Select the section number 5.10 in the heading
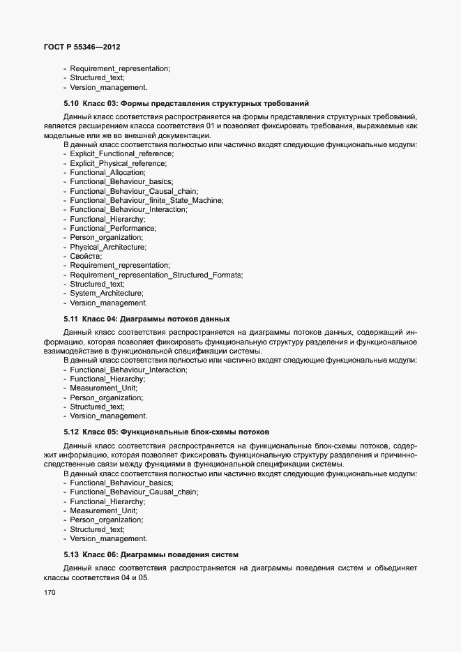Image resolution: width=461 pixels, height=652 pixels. pyautogui.click(x=71, y=103)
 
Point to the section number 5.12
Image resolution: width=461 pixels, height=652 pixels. pyautogui.click(x=71, y=432)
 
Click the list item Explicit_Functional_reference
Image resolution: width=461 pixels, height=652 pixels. pyautogui.click(x=121, y=153)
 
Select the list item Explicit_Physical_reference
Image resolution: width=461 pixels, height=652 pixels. pyautogui.click(x=118, y=163)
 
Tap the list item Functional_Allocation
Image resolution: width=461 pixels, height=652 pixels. pyautogui.click(x=107, y=172)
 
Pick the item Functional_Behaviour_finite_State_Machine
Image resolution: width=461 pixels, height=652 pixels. pyautogui.click(x=146, y=200)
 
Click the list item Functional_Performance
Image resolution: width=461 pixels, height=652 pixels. pyautogui.click(x=113, y=228)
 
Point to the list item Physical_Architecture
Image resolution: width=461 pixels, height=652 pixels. pyautogui.click(x=107, y=247)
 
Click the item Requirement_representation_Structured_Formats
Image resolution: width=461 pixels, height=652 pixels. pyautogui.click(x=156, y=275)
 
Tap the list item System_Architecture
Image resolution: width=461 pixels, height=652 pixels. pyautogui.click(x=106, y=294)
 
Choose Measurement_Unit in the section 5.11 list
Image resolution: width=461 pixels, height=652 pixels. pyautogui.click(x=103, y=388)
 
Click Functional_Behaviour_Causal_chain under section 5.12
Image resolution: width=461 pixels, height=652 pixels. pyautogui.click(x=134, y=492)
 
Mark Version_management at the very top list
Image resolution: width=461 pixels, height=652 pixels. pyautogui.click(x=108, y=88)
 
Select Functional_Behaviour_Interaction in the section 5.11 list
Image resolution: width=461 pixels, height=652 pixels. pyautogui.click(x=128, y=370)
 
